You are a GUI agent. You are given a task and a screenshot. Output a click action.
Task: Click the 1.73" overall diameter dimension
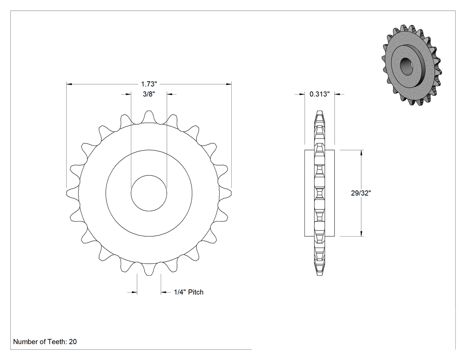[x=149, y=84]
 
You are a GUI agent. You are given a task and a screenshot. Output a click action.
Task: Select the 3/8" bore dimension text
[x=149, y=94]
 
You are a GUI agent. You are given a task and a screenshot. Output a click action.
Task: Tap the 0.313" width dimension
[x=320, y=94]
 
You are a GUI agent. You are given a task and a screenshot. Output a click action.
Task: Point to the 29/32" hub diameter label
[x=361, y=193]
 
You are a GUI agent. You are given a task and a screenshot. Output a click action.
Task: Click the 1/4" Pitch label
[x=189, y=292]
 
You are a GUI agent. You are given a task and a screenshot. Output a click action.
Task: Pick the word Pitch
[x=196, y=292]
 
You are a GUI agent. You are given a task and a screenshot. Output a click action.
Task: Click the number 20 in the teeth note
[x=73, y=342]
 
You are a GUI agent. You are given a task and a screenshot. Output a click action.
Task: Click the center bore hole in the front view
[x=149, y=193]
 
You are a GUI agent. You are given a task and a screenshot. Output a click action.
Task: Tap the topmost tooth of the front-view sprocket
[x=149, y=117]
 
